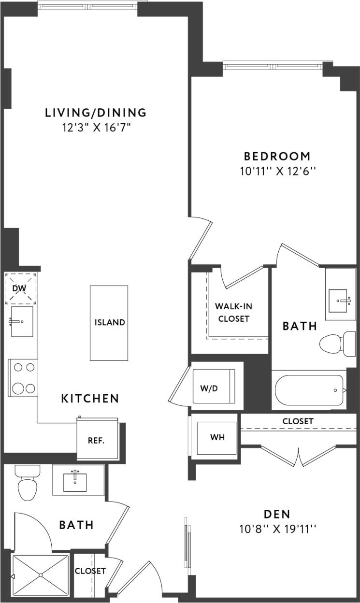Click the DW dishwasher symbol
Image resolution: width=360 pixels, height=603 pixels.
[21, 289]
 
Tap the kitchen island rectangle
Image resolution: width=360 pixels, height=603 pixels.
[109, 323]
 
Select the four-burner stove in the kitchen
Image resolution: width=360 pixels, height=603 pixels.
[23, 378]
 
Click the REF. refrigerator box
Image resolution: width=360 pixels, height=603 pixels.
[97, 440]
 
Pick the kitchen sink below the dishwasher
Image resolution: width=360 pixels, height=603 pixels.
[22, 321]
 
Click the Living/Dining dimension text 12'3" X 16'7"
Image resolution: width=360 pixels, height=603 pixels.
[96, 128]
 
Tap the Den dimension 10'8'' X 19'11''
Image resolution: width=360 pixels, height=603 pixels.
[277, 529]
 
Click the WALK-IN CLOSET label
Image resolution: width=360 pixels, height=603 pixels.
[233, 312]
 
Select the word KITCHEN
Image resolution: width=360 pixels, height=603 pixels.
[90, 399]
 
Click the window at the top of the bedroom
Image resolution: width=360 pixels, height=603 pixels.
[274, 65]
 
